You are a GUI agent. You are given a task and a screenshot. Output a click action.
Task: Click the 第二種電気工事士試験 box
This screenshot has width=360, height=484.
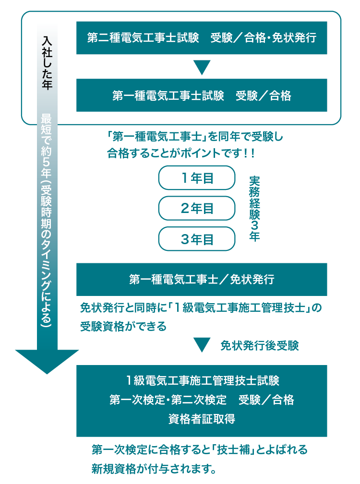(x=202, y=38)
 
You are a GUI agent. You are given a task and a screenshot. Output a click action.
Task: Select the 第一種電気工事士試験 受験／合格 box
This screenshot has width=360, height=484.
(x=202, y=95)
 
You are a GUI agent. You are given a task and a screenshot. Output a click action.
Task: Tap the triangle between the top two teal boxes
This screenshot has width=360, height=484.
(x=202, y=67)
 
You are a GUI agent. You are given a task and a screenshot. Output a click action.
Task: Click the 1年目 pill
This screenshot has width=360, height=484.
(x=197, y=178)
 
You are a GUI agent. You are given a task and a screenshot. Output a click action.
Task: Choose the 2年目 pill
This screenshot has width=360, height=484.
(x=197, y=208)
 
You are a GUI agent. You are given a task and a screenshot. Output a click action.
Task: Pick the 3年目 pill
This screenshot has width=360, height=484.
(x=197, y=239)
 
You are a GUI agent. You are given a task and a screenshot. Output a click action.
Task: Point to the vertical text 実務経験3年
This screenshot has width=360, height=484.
(x=254, y=209)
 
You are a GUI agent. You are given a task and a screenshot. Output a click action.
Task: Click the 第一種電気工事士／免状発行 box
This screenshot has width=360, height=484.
(x=202, y=279)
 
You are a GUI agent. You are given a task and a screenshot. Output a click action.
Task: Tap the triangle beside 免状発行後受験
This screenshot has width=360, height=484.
(x=202, y=345)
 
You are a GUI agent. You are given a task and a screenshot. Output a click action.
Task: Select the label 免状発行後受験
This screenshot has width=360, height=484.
(x=259, y=346)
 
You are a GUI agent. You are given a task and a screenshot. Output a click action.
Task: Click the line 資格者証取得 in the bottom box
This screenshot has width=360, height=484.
(x=202, y=419)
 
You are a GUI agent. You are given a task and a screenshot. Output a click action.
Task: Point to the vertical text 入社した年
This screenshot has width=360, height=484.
(x=47, y=63)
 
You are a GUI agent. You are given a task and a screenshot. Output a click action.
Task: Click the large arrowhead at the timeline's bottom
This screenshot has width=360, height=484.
(x=47, y=362)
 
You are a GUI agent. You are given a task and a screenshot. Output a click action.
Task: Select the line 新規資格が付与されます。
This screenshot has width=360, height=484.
(x=154, y=469)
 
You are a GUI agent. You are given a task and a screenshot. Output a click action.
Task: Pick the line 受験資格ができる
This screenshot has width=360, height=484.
(x=123, y=326)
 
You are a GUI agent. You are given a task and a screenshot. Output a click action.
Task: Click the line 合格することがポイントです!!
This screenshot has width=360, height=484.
(x=181, y=153)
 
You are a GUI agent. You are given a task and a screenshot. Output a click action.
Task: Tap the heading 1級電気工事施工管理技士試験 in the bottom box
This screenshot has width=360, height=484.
(x=203, y=380)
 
